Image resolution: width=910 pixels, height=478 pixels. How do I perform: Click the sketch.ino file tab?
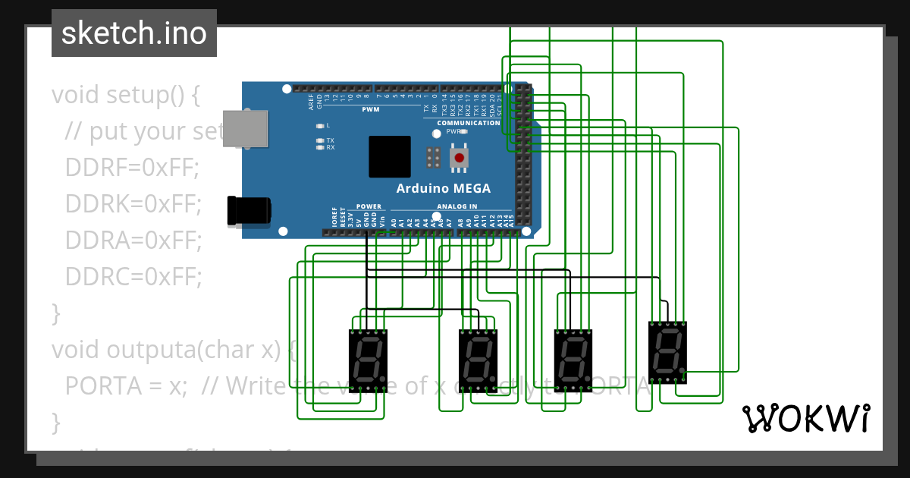pos(133,33)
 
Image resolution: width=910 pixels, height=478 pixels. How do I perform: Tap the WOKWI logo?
pos(805,418)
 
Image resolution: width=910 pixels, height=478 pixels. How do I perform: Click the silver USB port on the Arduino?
pos(247,128)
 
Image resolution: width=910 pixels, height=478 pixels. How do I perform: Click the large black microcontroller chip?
pos(390,157)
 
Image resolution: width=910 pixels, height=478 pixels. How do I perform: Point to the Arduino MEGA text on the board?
pos(443,188)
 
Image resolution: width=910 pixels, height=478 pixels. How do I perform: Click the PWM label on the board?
pos(371,109)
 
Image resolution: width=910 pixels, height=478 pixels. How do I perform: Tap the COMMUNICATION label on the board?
pos(468,122)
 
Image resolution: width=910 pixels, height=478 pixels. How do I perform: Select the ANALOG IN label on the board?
pos(457,206)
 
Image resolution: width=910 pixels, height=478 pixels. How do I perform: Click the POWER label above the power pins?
pos(369,206)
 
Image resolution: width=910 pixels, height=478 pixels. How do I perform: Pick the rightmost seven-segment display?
pos(667,352)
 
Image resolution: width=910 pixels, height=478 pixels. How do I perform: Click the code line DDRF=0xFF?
pos(132,168)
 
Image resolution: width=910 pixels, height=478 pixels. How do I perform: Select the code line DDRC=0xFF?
pos(133,277)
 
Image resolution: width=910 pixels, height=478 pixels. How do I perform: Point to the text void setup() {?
pos(125,96)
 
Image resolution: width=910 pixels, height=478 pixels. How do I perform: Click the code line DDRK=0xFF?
pos(133,204)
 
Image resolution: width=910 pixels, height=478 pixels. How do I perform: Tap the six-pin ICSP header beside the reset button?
pos(434,157)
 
